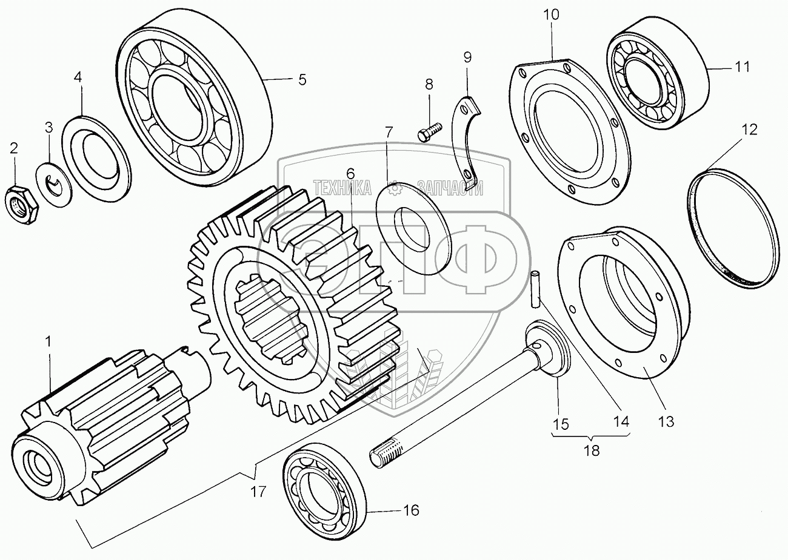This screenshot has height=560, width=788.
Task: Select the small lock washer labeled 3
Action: [x=54, y=184]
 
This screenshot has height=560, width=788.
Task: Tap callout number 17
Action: [x=258, y=492]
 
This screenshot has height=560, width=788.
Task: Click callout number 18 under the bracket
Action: [x=592, y=450]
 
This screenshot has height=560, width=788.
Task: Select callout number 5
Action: [x=302, y=80]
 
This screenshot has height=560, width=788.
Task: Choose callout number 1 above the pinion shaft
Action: [x=48, y=341]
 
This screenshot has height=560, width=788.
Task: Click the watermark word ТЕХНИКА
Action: [x=342, y=188]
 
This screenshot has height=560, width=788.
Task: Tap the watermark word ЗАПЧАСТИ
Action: [x=450, y=188]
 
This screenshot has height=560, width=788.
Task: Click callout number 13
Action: [x=666, y=421]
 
